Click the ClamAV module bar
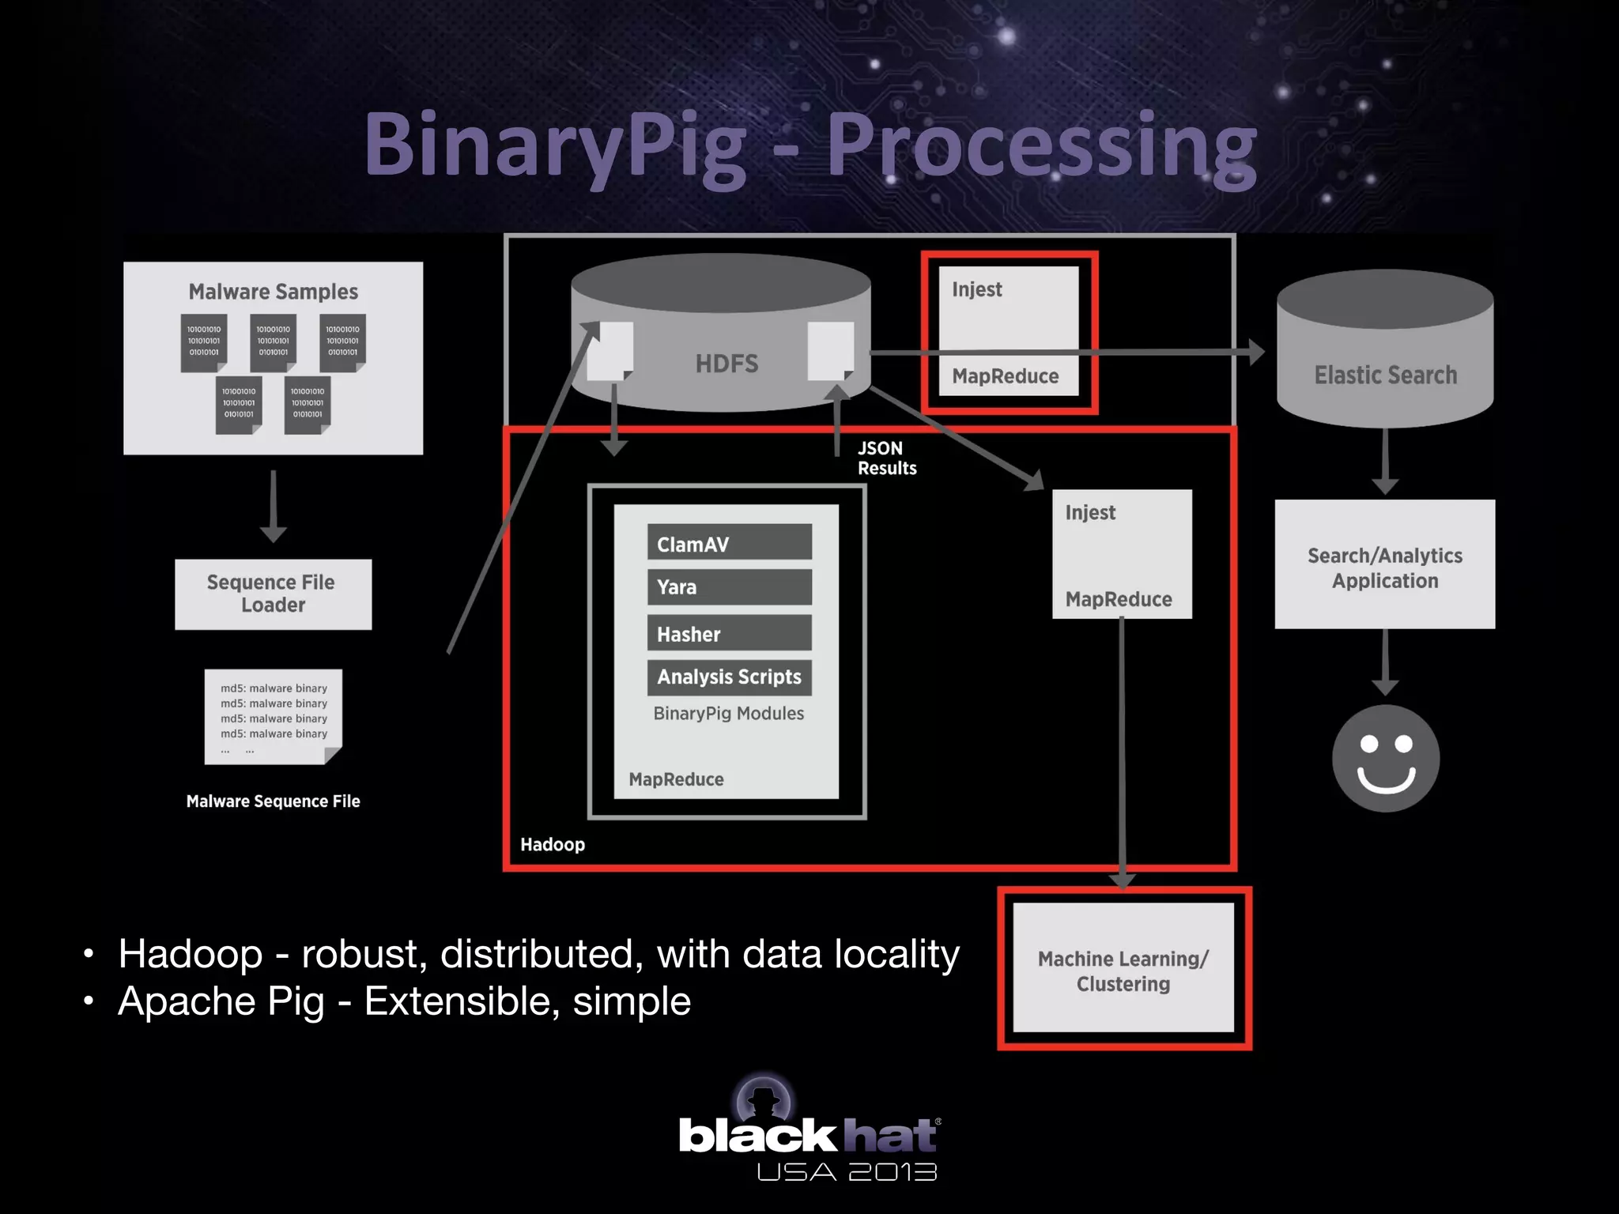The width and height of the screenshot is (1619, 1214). click(x=729, y=543)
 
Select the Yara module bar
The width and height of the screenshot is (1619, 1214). click(x=729, y=587)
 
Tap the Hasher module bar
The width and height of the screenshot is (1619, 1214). click(x=729, y=633)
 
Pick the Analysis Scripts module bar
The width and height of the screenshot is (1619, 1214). click(x=729, y=677)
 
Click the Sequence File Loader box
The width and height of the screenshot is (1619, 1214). click(x=273, y=594)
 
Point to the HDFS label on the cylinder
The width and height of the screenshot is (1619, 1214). click(x=726, y=364)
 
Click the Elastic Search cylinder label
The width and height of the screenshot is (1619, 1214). click(x=1385, y=375)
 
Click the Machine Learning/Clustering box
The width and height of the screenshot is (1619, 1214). click(x=1123, y=970)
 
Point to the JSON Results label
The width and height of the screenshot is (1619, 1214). click(x=886, y=458)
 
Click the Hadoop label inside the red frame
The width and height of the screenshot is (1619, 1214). click(x=552, y=845)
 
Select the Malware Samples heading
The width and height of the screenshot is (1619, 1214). click(x=273, y=292)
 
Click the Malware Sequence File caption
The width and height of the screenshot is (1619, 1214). click(x=273, y=801)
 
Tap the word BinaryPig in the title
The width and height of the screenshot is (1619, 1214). click(x=553, y=146)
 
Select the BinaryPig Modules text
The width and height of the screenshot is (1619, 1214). click(x=728, y=714)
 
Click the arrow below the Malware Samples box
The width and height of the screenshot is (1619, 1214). click(x=273, y=506)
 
